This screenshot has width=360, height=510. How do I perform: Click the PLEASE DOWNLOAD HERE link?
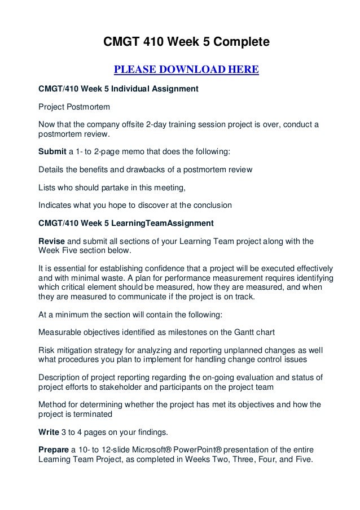[x=186, y=70]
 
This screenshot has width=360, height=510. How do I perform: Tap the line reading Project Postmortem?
[x=74, y=106]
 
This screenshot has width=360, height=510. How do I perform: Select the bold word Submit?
[x=52, y=152]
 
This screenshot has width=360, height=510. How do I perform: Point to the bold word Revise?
[x=51, y=239]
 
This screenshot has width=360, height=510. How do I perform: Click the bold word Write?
[x=50, y=433]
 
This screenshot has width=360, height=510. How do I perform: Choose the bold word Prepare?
[x=54, y=450]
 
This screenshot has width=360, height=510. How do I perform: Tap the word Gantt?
[x=243, y=329]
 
